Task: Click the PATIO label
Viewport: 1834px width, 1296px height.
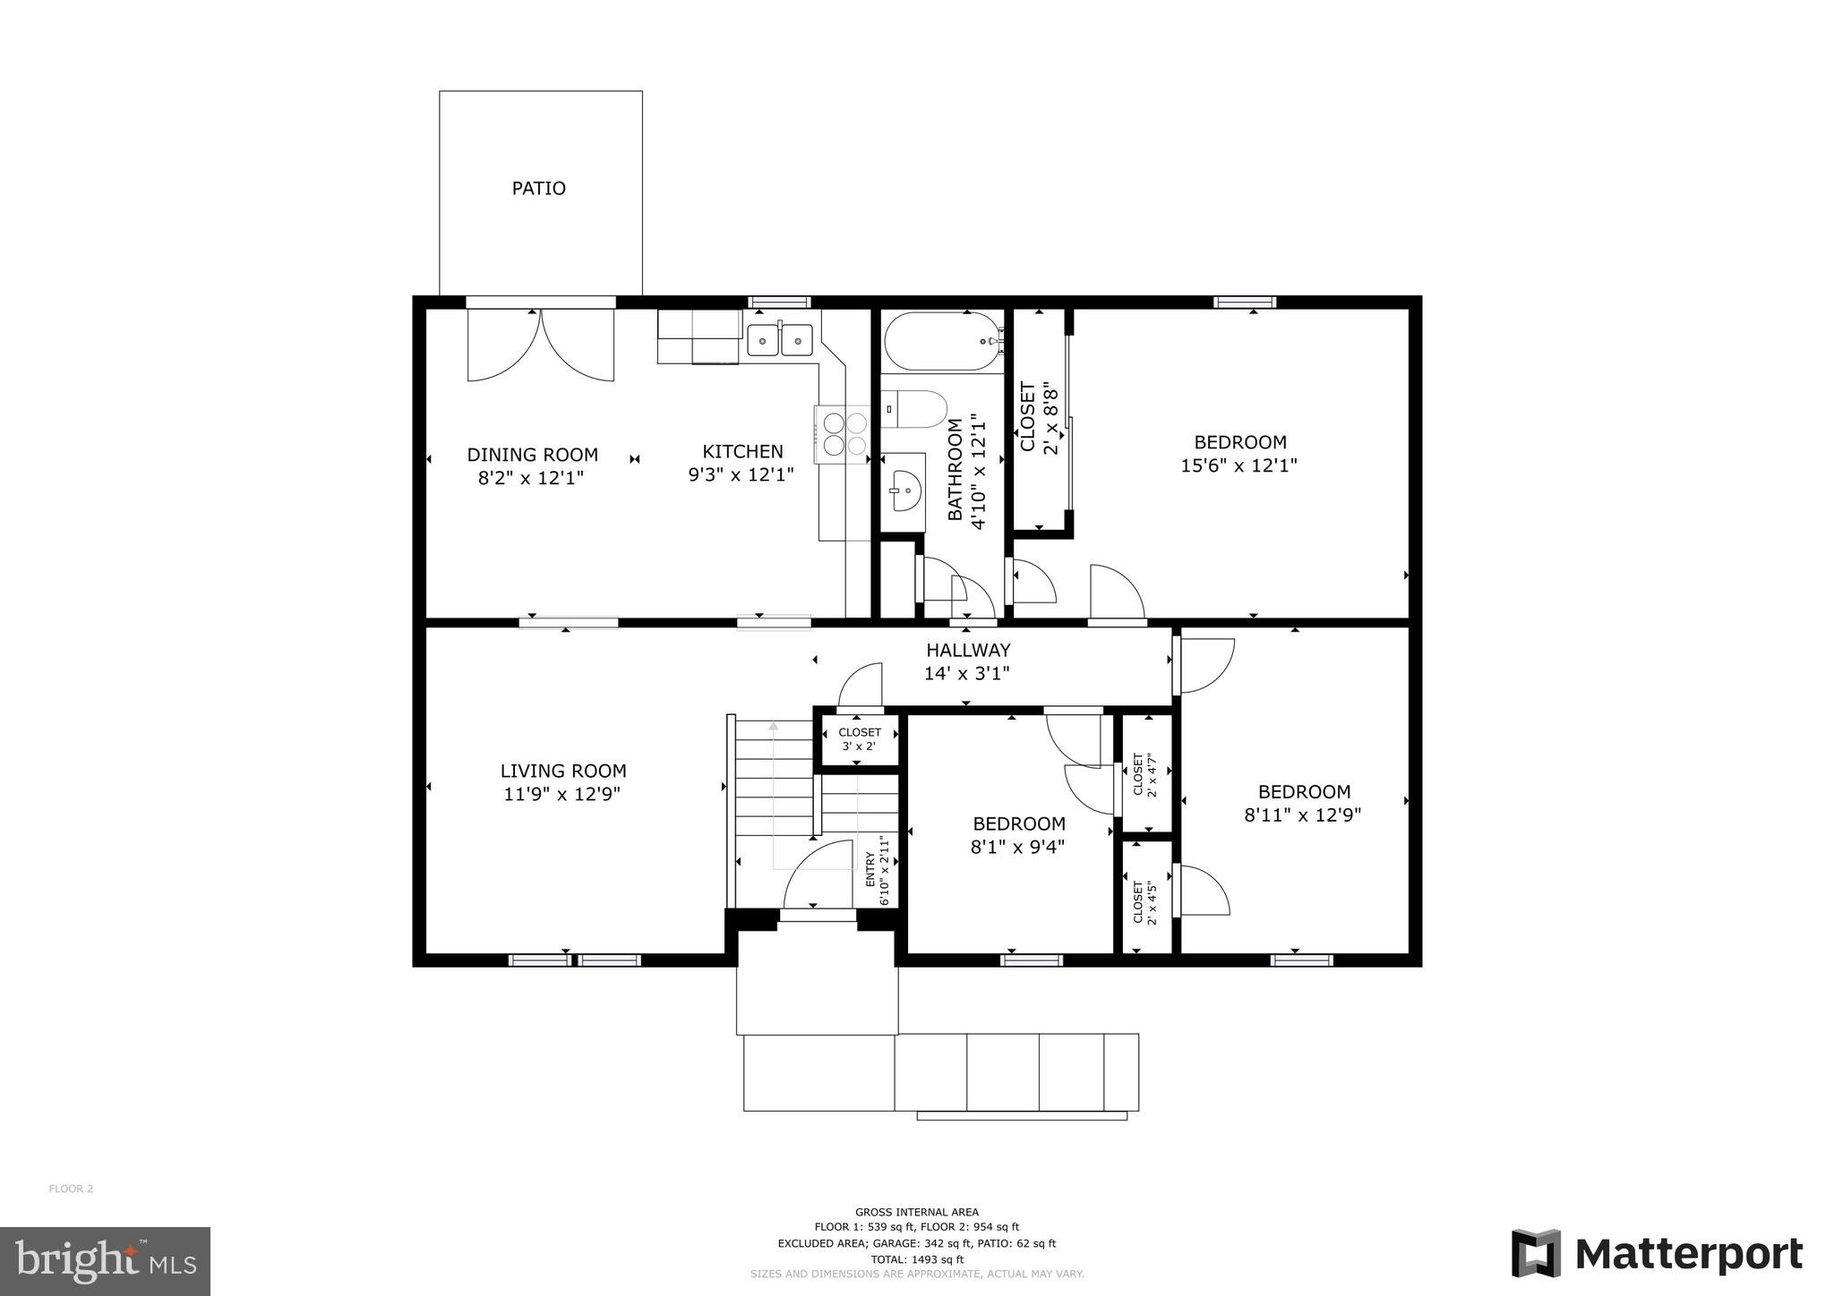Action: pos(538,189)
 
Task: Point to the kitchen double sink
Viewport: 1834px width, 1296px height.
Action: pos(780,340)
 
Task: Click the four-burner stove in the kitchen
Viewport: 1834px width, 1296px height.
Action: pos(842,434)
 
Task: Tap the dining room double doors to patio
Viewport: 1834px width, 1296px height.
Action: pos(540,345)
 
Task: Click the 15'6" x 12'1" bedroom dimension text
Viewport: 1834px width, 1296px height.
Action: pos(1239,466)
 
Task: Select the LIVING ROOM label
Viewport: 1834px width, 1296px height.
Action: pos(562,771)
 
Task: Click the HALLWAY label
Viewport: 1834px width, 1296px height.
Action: pos(968,651)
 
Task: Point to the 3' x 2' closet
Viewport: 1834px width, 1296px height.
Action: pos(858,739)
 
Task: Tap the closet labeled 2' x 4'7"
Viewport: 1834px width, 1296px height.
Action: pos(1146,773)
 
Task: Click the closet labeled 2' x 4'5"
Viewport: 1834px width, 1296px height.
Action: pos(1146,902)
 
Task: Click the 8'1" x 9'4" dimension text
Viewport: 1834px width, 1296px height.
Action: pos(1018,847)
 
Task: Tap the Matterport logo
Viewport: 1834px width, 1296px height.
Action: pos(1657,1254)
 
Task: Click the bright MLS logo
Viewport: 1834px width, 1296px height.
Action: pos(106,1261)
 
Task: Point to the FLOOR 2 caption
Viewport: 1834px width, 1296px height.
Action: pos(71,1189)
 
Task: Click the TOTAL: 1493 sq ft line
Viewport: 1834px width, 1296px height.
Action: pos(916,1259)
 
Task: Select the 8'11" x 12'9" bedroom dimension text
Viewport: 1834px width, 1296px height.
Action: pos(1302,815)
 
